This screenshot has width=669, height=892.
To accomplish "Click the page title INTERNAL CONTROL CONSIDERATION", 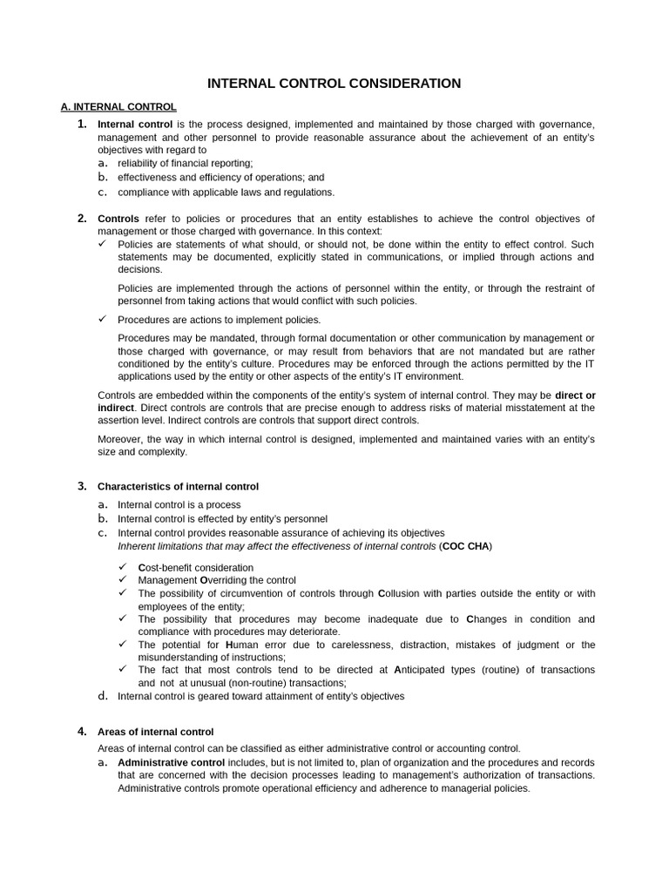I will (334, 84).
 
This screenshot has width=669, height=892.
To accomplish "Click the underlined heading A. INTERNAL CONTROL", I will (118, 107).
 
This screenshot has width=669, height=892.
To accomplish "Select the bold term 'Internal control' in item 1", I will (135, 125).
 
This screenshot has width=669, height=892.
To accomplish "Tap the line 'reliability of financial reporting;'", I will (185, 163).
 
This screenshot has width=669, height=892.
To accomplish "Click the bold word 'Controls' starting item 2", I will (118, 219).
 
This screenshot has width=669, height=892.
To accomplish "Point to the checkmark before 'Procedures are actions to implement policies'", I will (102, 320).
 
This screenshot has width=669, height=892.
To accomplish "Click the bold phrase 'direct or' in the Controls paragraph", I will (575, 395).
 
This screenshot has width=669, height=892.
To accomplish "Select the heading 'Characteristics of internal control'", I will (178, 486).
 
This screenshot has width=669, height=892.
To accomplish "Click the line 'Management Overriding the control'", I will (217, 580).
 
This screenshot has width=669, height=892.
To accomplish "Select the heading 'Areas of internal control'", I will (155, 732).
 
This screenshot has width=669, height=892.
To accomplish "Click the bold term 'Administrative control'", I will (171, 762).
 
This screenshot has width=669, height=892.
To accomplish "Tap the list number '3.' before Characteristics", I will (82, 486).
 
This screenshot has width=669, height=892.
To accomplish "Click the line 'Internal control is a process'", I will (179, 504).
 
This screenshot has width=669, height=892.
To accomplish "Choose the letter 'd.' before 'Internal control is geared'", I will (103, 696).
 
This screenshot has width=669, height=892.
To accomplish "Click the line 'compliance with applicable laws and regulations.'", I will (226, 193).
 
